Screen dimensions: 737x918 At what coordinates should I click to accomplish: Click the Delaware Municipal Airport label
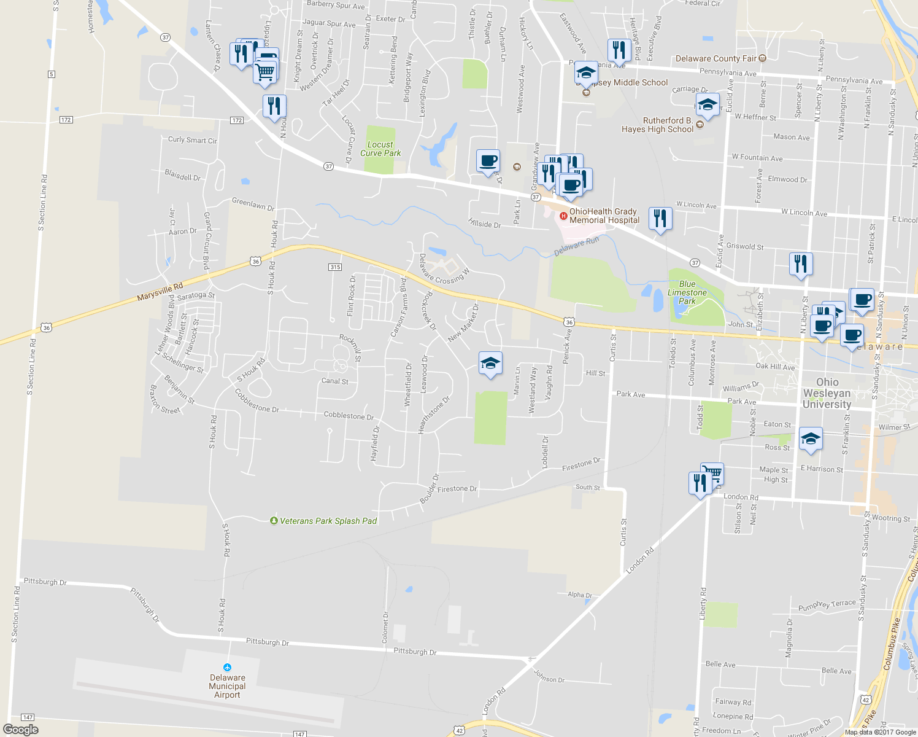pyautogui.click(x=227, y=686)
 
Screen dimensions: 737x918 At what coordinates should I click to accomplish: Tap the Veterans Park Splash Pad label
pyautogui.click(x=328, y=521)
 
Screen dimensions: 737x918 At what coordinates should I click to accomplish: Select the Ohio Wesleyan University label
pyautogui.click(x=827, y=393)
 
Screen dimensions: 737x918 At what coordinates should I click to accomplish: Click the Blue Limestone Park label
pyautogui.click(x=687, y=292)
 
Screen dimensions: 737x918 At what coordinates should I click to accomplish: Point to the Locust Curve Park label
pyautogui.click(x=380, y=149)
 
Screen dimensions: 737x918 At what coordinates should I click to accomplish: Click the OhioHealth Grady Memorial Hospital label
pyautogui.click(x=604, y=216)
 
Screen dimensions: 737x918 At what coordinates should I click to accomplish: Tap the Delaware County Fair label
pyautogui.click(x=715, y=58)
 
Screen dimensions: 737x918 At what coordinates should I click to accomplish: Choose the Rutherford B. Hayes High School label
pyautogui.click(x=657, y=125)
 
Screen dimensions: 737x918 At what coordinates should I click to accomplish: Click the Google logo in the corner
pyautogui.click(x=21, y=729)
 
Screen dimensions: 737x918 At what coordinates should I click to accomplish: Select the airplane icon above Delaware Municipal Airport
pyautogui.click(x=228, y=668)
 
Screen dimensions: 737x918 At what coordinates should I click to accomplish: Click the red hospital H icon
pyautogui.click(x=563, y=216)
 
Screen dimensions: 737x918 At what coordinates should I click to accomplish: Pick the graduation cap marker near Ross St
pyautogui.click(x=811, y=439)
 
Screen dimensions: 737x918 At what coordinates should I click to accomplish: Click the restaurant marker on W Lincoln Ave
pyautogui.click(x=660, y=219)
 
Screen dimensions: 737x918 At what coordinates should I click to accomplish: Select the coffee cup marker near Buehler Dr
pyautogui.click(x=488, y=161)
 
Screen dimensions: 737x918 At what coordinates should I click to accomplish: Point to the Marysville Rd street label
pyautogui.click(x=160, y=292)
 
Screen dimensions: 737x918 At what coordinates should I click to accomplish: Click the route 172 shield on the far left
pyautogui.click(x=66, y=119)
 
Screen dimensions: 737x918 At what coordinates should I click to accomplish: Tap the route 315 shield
pyautogui.click(x=334, y=267)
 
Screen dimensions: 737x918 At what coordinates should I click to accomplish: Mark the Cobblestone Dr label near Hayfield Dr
pyautogui.click(x=349, y=416)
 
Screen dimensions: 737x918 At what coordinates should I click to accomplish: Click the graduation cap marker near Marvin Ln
pyautogui.click(x=490, y=364)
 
